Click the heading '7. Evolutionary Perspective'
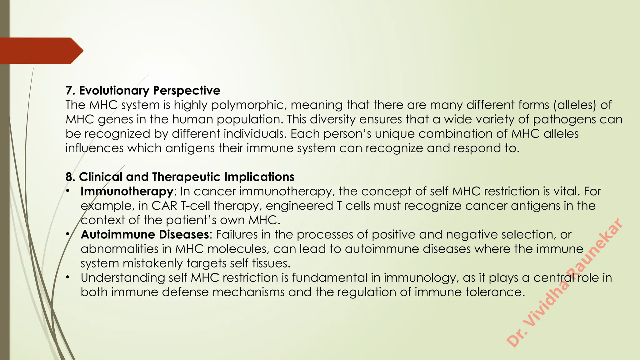coord(143,91)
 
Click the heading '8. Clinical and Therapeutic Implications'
coord(180,177)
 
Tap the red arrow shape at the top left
coord(41,51)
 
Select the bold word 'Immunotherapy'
coord(127,191)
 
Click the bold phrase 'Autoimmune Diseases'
coord(145,234)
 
